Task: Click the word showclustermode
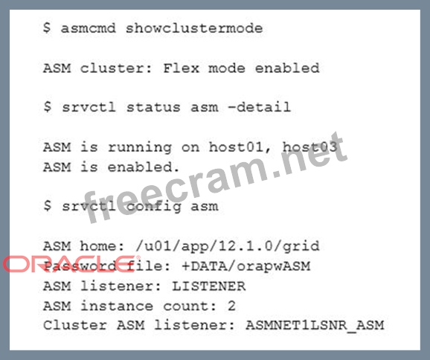[x=194, y=28]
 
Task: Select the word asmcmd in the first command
[x=89, y=28]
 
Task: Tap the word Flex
[x=181, y=68]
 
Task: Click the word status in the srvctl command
[x=153, y=107]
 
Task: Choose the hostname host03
[x=310, y=147]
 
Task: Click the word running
[x=140, y=148]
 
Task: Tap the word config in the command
[x=153, y=207]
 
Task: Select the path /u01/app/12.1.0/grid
[x=228, y=246]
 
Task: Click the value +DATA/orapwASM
[x=246, y=266]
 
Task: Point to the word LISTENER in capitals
[x=209, y=286]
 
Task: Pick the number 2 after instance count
[x=231, y=306]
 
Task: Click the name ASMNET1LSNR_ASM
[x=315, y=326]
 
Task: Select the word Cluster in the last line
[x=75, y=325]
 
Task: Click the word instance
[x=117, y=306]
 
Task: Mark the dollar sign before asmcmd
[x=47, y=28]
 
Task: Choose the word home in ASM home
[x=102, y=245]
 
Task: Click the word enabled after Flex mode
[x=287, y=68]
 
